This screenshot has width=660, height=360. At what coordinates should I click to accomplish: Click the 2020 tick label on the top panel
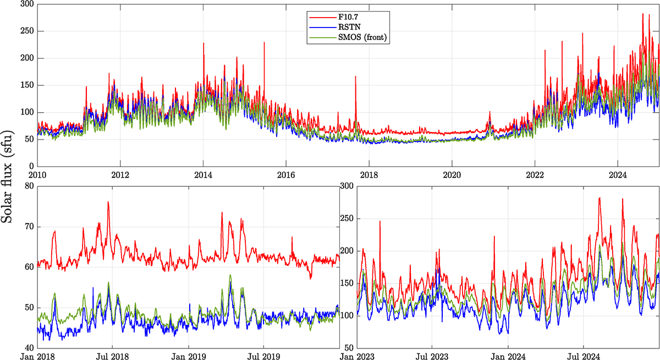[x=452, y=175]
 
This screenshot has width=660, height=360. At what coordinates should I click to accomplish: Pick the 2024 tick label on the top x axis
[x=618, y=175]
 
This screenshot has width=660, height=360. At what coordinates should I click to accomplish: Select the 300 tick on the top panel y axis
[x=26, y=4]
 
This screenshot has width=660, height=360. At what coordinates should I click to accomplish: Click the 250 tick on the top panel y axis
[x=26, y=31]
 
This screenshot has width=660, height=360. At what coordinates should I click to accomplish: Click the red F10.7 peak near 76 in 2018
[x=108, y=202]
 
